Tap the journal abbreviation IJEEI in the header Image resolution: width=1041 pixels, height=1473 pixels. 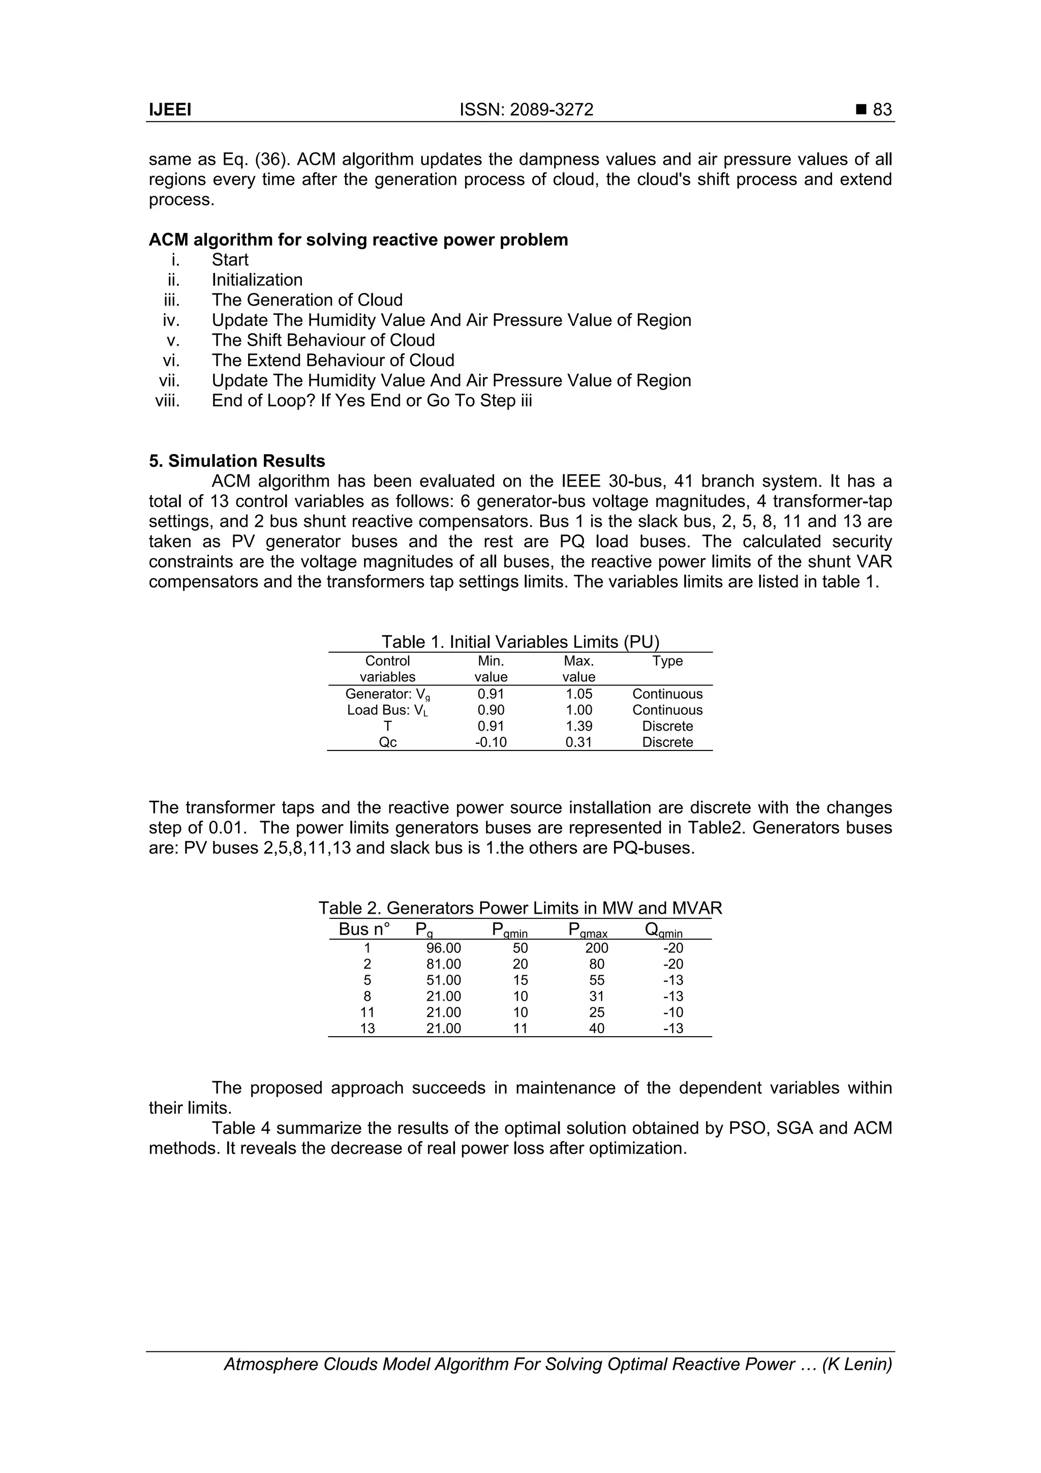point(170,110)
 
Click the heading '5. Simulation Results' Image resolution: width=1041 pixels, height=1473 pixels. point(237,461)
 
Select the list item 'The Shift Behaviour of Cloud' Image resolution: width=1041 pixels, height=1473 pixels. point(323,340)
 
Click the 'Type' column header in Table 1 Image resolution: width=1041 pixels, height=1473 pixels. point(667,661)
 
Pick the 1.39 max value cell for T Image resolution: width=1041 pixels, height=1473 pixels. point(578,726)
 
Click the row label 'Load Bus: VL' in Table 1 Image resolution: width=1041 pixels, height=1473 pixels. point(387,710)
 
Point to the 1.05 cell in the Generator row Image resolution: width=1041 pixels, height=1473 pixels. point(578,694)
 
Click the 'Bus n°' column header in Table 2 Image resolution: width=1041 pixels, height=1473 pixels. point(363,929)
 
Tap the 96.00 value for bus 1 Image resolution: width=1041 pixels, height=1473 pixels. point(443,948)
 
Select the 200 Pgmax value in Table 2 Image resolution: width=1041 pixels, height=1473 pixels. point(597,948)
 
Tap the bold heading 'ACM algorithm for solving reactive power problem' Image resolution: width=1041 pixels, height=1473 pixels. point(358,240)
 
